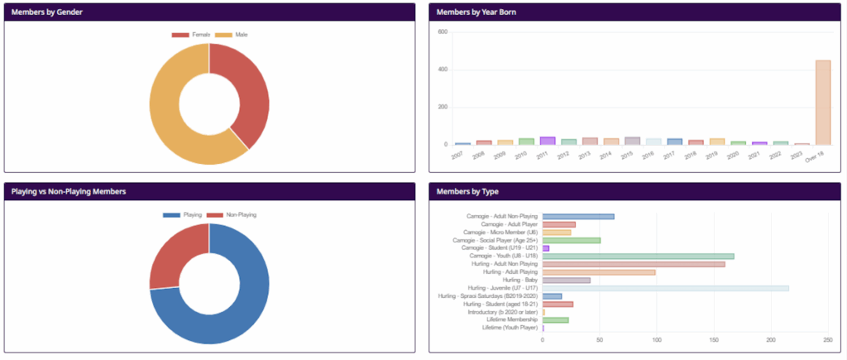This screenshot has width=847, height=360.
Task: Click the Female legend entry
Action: (191, 35)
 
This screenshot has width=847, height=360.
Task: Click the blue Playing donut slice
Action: (223, 314)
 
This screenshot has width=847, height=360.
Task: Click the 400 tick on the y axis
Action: (443, 70)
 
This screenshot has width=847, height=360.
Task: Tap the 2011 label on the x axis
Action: (543, 155)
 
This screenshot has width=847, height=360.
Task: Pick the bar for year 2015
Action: (632, 141)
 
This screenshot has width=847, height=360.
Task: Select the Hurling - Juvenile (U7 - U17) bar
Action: (665, 288)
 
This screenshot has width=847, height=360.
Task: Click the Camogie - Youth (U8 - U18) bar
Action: (638, 257)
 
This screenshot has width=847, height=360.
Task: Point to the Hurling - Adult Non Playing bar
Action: (634, 264)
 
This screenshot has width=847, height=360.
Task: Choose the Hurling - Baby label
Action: (520, 280)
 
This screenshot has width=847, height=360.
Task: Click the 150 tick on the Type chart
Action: (714, 339)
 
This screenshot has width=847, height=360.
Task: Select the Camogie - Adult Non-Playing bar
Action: (578, 217)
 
